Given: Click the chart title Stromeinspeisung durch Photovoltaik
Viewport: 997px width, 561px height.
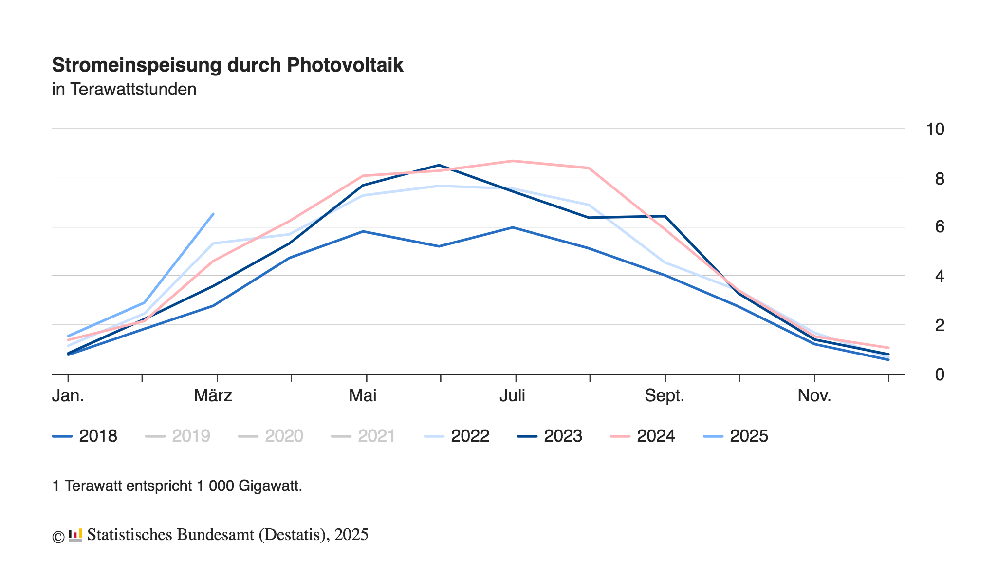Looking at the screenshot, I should pyautogui.click(x=227, y=65).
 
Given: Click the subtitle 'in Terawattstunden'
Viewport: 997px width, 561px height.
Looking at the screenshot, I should pyautogui.click(x=124, y=90).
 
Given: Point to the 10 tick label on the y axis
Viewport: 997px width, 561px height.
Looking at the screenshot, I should pyautogui.click(x=935, y=129).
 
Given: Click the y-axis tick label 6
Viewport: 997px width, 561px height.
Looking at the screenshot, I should pyautogui.click(x=939, y=227).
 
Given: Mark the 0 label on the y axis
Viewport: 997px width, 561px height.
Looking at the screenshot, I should pyautogui.click(x=939, y=374).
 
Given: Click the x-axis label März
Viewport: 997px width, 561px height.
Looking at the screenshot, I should pyautogui.click(x=213, y=395).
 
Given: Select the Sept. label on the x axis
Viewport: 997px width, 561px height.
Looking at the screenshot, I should pyautogui.click(x=665, y=395).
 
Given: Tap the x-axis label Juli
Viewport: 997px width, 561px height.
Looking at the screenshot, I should pyautogui.click(x=512, y=395).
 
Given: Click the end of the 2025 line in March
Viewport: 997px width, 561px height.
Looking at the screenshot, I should pyautogui.click(x=213, y=214).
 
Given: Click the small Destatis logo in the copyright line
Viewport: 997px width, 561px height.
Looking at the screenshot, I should pyautogui.click(x=75, y=535).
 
